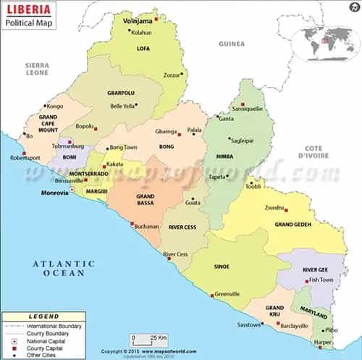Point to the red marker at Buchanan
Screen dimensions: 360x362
click(x=132, y=224)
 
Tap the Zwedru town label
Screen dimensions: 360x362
click(x=274, y=207)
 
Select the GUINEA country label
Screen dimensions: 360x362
click(x=232, y=44)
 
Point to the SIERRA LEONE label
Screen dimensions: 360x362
click(x=35, y=69)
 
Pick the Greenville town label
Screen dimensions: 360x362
click(x=227, y=294)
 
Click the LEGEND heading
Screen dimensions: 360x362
click(x=43, y=317)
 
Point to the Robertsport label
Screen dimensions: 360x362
click(x=25, y=157)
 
